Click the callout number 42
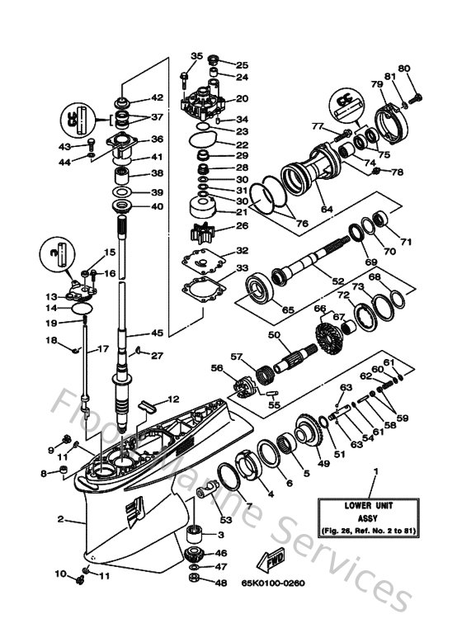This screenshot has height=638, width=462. tap(157, 97)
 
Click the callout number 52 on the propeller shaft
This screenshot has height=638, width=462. tap(337, 281)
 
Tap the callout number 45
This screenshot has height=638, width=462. tap(157, 333)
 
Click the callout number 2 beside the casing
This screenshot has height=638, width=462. tap(60, 519)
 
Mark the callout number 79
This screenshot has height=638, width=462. tap(376, 85)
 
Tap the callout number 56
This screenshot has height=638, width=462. tap(217, 369)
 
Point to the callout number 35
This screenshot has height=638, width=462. tap(196, 56)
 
